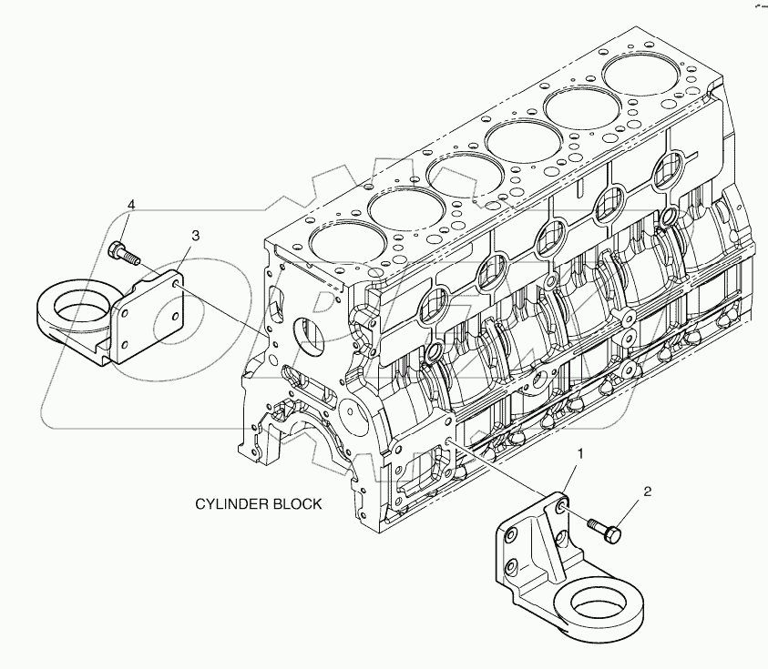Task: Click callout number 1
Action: point(579,452)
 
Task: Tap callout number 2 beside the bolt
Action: point(648,492)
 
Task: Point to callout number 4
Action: point(131,205)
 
